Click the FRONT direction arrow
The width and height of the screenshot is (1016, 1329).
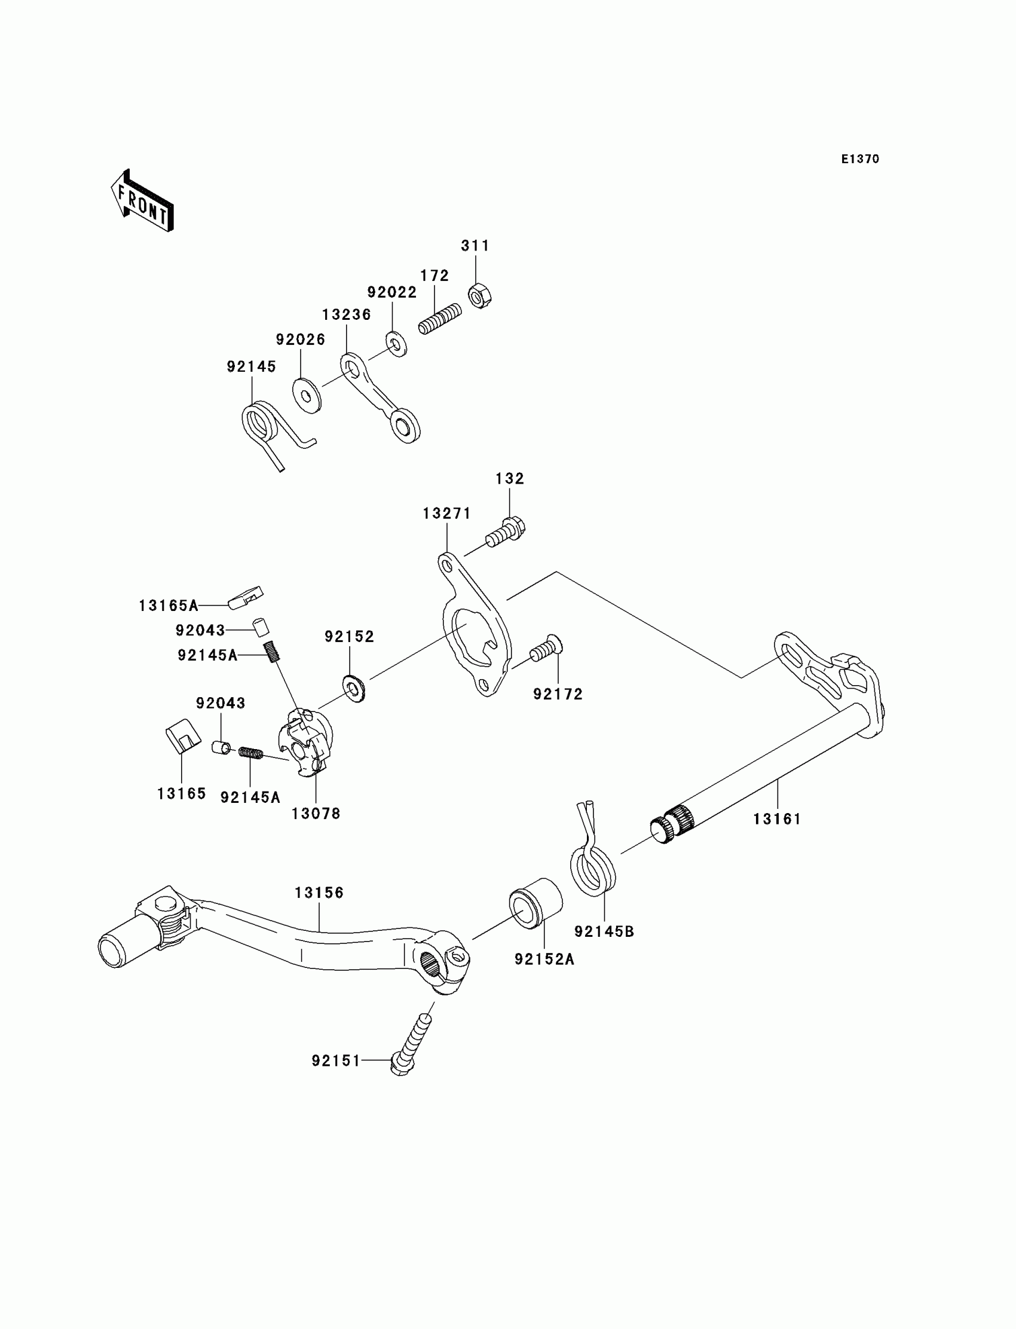[143, 201]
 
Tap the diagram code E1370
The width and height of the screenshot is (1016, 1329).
[860, 159]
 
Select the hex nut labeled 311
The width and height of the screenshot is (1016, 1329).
[479, 296]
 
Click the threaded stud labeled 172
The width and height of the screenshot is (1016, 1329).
[440, 318]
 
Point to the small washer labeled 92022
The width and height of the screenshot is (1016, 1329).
[396, 344]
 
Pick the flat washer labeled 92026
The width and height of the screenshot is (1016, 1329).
[307, 396]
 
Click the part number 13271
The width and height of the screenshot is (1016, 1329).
[446, 514]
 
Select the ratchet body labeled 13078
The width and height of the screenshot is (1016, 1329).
[305, 743]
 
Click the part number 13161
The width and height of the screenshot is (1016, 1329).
[776, 819]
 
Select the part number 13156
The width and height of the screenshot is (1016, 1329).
[319, 892]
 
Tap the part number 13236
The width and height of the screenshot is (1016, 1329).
[346, 314]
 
